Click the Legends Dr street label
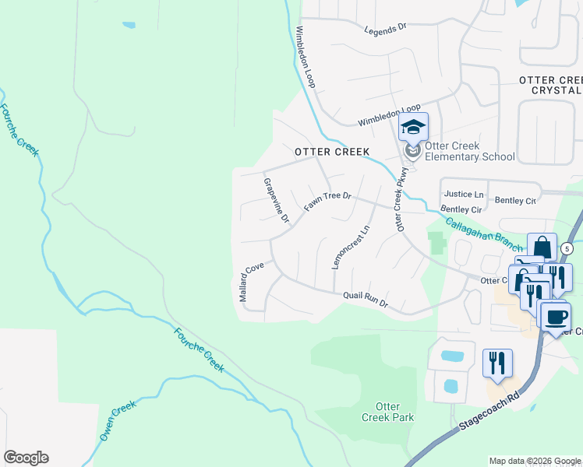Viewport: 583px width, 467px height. coord(386,28)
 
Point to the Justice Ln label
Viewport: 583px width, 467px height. coord(463,194)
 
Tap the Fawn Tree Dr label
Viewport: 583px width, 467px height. coord(328,202)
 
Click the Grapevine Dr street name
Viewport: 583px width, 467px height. coord(277,199)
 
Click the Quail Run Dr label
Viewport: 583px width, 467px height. coord(366,299)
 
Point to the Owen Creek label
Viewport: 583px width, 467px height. coord(118,421)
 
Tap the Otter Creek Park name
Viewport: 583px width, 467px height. coord(387,412)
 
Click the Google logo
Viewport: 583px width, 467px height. coord(26,458)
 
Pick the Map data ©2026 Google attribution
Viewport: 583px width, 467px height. coord(535,461)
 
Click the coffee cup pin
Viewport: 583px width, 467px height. coord(556,317)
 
